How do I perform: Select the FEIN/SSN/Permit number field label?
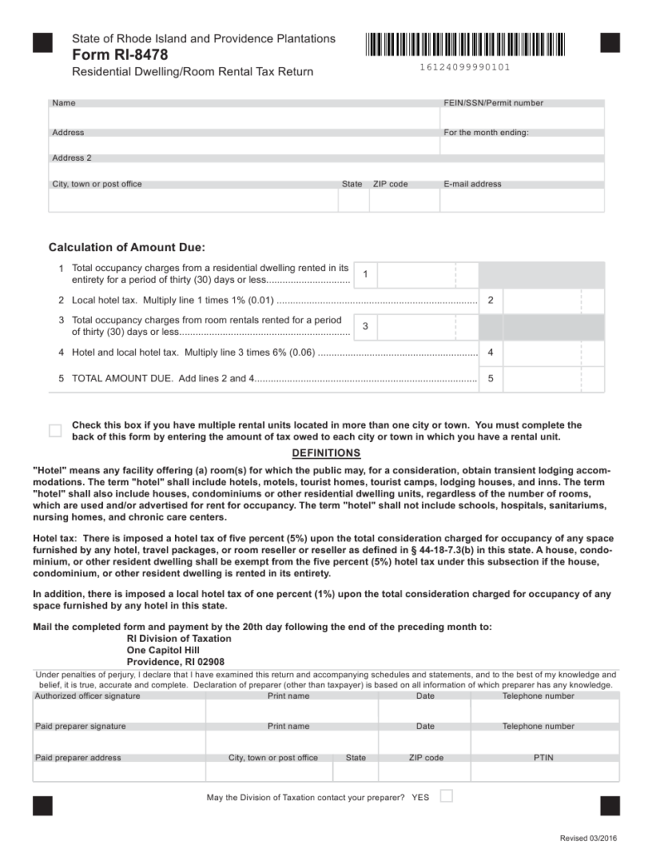(x=494, y=104)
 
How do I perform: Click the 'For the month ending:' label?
(x=486, y=133)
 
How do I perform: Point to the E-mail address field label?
(x=473, y=184)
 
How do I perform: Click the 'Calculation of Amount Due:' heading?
(x=126, y=247)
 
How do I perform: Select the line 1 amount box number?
(x=366, y=274)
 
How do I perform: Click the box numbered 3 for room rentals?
(x=366, y=327)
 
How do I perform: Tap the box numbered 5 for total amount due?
(x=491, y=379)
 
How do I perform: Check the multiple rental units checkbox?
(x=56, y=430)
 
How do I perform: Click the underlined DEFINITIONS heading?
(x=326, y=453)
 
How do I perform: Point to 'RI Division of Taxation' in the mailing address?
(x=178, y=639)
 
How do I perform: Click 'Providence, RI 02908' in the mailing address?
(x=175, y=662)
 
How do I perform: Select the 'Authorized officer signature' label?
(x=87, y=696)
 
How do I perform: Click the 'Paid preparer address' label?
(x=78, y=758)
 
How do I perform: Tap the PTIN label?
(x=544, y=758)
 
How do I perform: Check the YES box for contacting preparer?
(x=446, y=797)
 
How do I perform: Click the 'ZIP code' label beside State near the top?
(x=390, y=184)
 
